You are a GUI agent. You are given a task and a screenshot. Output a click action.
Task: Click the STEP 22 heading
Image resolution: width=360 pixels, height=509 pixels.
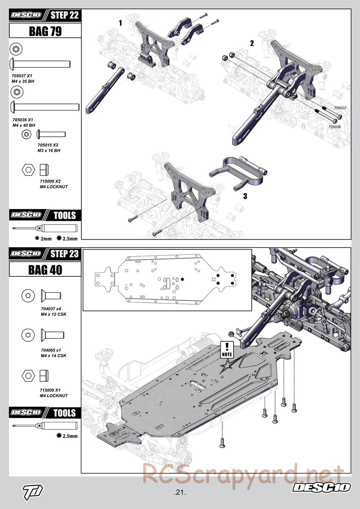pyautogui.click(x=64, y=15)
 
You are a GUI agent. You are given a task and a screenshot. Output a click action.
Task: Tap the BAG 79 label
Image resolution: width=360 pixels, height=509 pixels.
pyautogui.click(x=45, y=31)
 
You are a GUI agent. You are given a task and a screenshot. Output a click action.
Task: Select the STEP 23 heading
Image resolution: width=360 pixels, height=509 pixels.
pyautogui.click(x=64, y=253)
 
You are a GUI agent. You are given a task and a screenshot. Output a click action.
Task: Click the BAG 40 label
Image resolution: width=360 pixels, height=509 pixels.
pyautogui.click(x=45, y=270)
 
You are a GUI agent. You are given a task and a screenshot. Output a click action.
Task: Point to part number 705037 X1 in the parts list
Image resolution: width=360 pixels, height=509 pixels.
pyautogui.click(x=22, y=76)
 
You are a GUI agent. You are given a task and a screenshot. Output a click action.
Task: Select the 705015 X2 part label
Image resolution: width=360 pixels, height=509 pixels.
pyautogui.click(x=48, y=145)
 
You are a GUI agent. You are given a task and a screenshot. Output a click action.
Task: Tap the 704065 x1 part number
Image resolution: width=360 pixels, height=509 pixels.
pyautogui.click(x=51, y=350)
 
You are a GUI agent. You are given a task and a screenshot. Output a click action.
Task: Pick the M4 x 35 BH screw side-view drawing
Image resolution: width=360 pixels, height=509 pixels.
pyautogui.click(x=40, y=64)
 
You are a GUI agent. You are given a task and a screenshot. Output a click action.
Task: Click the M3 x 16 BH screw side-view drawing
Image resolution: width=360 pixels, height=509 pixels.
pyautogui.click(x=51, y=135)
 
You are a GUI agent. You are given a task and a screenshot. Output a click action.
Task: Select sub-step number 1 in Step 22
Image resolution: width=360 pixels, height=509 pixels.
pyautogui.click(x=120, y=23)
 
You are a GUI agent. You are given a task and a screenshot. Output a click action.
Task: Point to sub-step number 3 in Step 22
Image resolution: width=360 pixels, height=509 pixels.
pyautogui.click(x=245, y=196)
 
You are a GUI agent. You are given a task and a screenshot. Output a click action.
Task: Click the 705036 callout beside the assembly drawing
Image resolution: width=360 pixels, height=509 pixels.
pyautogui.click(x=334, y=127)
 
